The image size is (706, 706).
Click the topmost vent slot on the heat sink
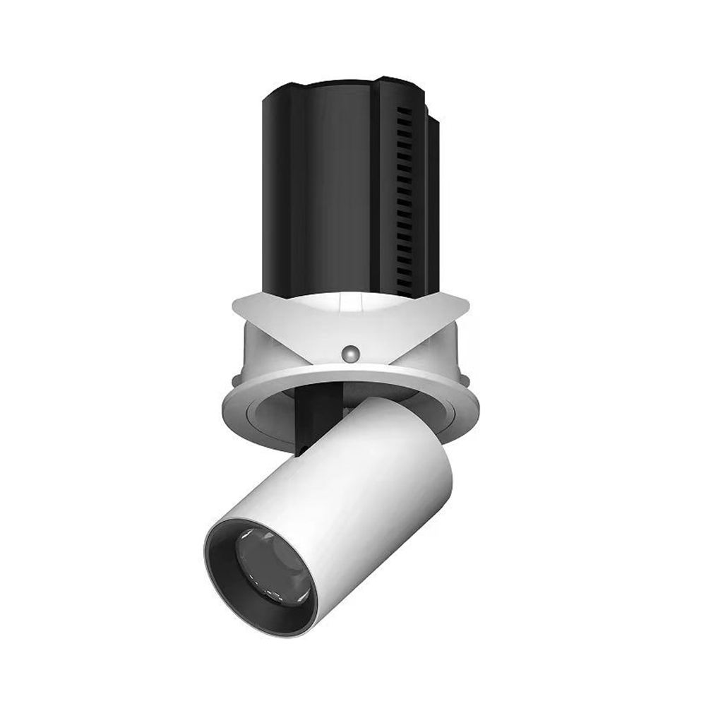point(403,113)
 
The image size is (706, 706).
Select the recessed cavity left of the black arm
point(272,417)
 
